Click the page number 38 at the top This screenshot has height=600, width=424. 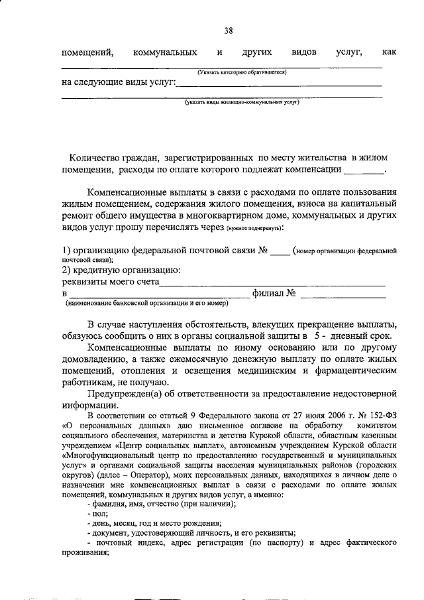[x=228, y=31]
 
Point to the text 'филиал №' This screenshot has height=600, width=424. [x=274, y=293]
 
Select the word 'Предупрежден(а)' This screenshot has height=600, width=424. [x=124, y=394]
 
